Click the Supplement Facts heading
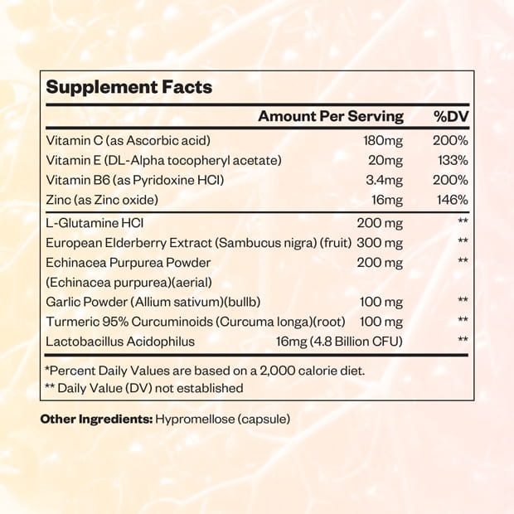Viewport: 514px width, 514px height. point(128,87)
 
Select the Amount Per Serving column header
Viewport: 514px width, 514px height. point(330,116)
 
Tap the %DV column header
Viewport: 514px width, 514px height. point(452,116)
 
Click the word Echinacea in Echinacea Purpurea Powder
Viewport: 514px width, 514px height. point(73,263)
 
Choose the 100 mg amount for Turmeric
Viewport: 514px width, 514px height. point(381,321)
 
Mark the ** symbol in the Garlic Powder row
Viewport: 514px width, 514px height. point(463,302)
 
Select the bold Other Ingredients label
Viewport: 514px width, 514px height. point(96,419)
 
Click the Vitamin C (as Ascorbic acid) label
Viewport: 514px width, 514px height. point(128,140)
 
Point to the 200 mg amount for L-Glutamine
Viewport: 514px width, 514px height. point(381,224)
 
